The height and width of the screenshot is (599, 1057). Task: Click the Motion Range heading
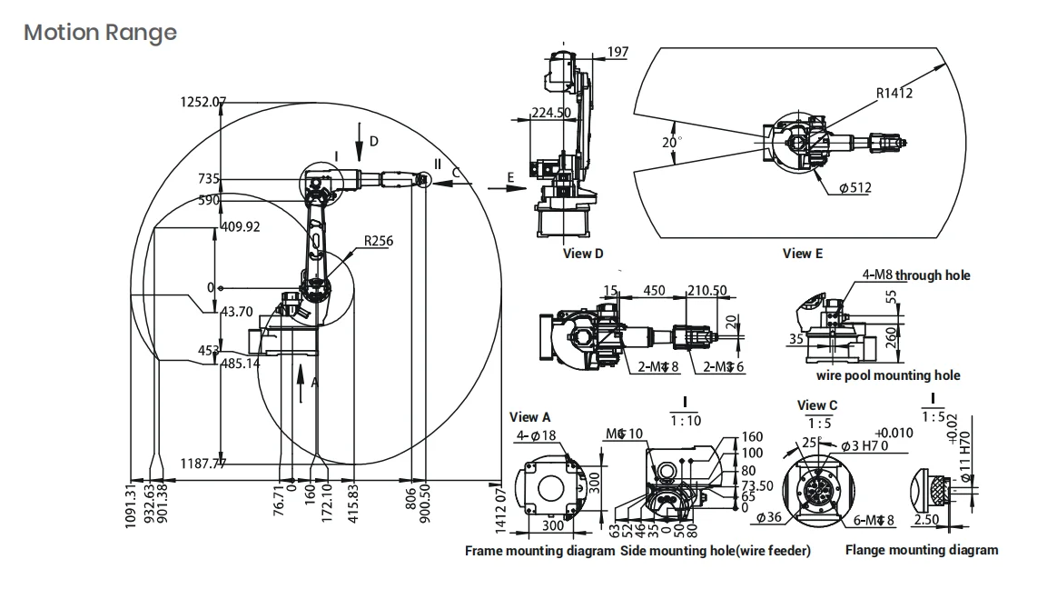pos(100,33)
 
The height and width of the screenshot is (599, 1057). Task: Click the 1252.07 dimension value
pos(201,102)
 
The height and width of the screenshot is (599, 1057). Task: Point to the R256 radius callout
pos(379,241)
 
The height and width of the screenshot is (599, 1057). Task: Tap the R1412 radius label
pos(894,93)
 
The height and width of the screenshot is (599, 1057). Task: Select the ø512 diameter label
pos(856,188)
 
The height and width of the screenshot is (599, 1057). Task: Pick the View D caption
pos(583,254)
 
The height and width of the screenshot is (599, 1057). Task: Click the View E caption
pos(803,254)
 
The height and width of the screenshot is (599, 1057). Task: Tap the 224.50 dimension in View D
pos(550,113)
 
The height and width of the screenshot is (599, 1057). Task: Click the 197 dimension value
pos(617,52)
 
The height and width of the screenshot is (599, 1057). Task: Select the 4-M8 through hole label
pos(916,275)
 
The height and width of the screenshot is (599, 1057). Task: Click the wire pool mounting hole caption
pos(887,375)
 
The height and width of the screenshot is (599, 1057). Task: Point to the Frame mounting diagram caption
pos(540,550)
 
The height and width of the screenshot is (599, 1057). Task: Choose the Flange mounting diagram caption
pos(921,550)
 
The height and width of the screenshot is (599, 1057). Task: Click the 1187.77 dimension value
pos(203,464)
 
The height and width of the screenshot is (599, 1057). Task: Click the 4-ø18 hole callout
pos(536,435)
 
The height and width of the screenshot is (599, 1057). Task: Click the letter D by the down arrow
pos(374,141)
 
